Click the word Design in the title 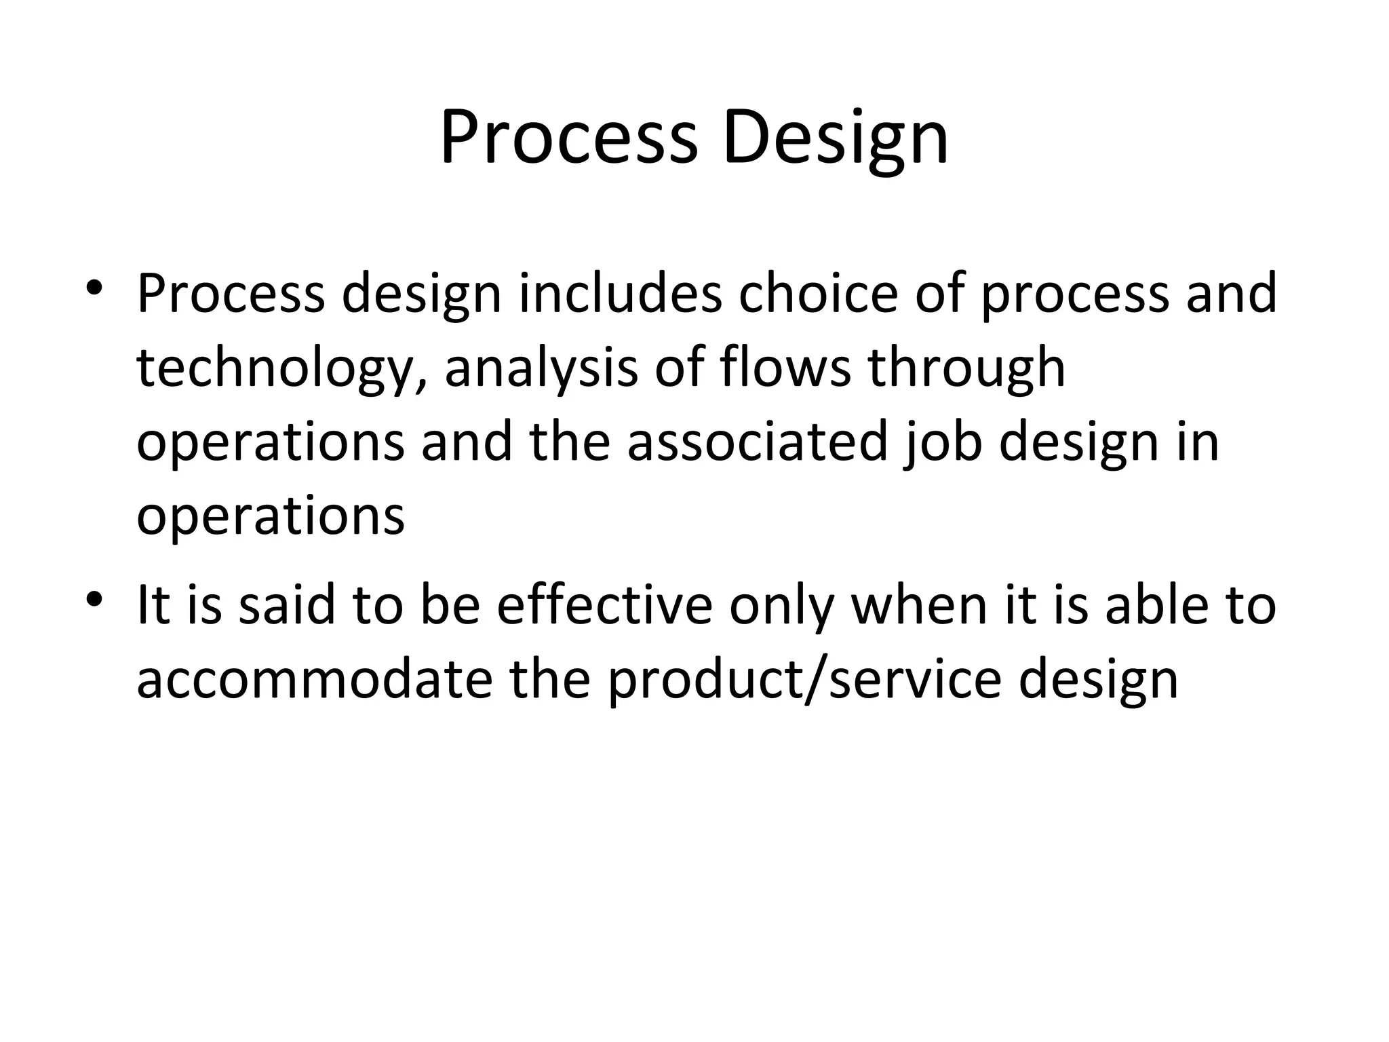835,138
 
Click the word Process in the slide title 568,138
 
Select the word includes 621,293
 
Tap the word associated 757,442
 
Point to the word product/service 804,680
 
